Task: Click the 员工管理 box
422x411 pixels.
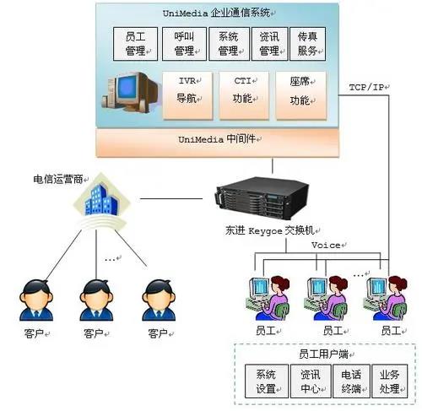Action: tap(135, 44)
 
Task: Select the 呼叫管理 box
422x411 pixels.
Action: tap(184, 44)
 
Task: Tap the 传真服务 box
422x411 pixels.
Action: tap(307, 44)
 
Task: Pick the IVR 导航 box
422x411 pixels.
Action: tap(187, 95)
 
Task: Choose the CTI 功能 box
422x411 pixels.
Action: tap(244, 95)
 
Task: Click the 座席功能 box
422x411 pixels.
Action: tap(300, 95)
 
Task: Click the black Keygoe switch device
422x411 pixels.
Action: tap(262, 198)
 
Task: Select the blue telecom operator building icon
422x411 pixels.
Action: tap(101, 200)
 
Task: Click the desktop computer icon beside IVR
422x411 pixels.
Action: tap(131, 92)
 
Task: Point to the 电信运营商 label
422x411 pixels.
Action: tap(58, 179)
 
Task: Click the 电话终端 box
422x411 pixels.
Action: tap(351, 381)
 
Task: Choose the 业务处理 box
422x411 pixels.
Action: tap(390, 381)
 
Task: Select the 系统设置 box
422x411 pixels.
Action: tap(267, 381)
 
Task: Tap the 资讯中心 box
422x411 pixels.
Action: tap(311, 381)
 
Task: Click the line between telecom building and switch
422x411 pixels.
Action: tap(171, 198)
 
